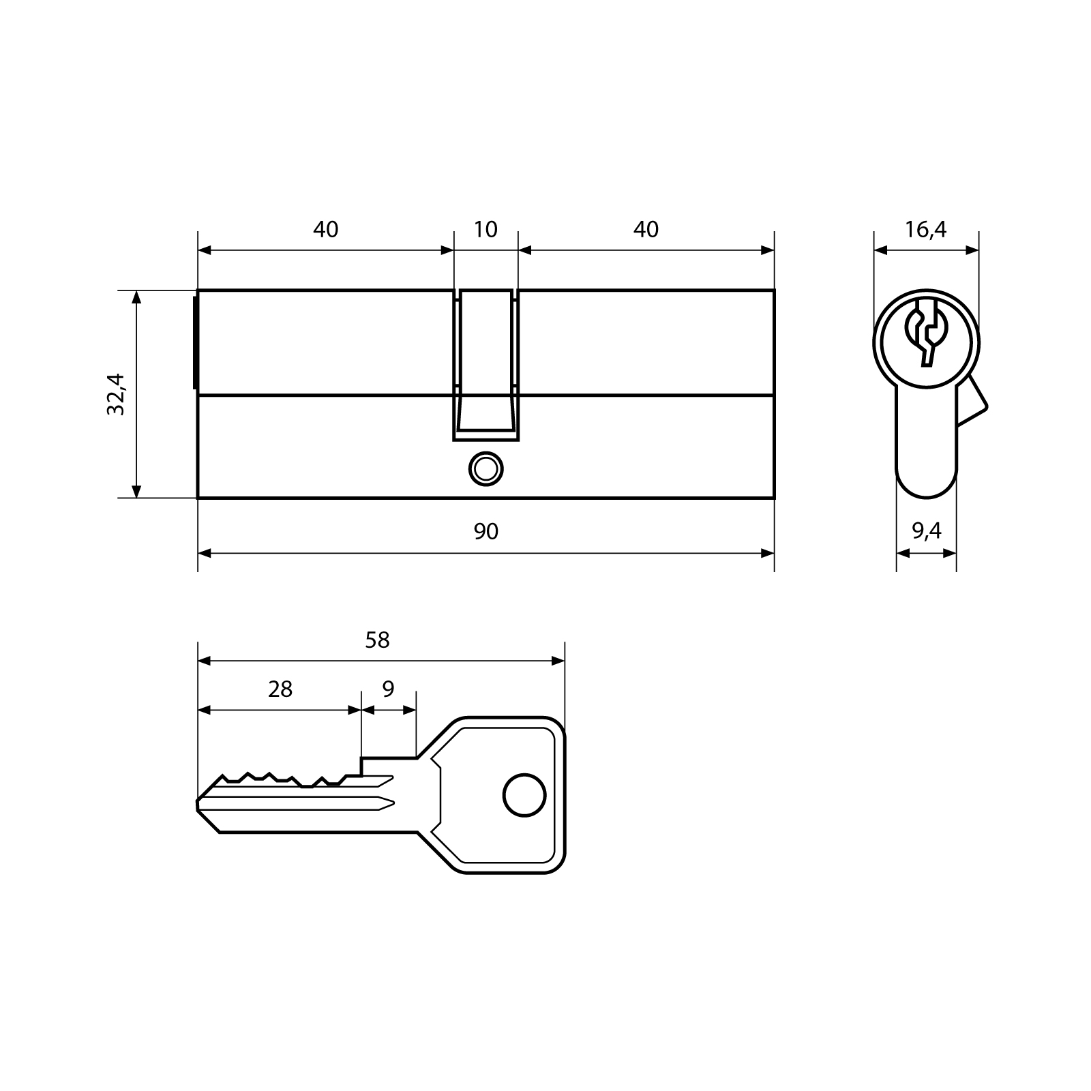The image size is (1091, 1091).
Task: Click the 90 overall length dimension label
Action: point(485,531)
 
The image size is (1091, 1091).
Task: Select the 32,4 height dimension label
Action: point(116,394)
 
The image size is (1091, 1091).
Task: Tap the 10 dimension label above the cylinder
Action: point(485,229)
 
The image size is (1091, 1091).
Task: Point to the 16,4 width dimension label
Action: point(925,230)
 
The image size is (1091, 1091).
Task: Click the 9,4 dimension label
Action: point(926,530)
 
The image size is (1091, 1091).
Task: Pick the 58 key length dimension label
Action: point(377,640)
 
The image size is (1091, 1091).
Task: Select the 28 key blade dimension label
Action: point(280,689)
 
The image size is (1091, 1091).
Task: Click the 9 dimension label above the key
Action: point(388,689)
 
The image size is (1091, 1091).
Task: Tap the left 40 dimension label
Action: point(325,229)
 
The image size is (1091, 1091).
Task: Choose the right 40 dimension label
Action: point(646,229)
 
